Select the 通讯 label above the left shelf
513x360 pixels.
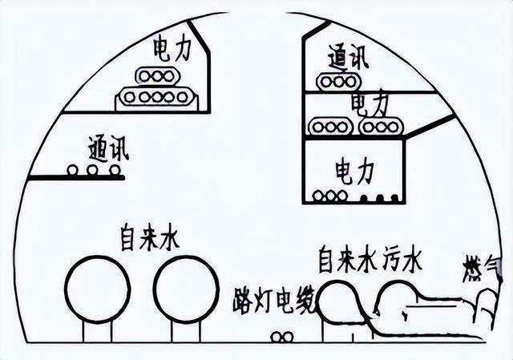click(109, 148)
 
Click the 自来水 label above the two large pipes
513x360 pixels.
click(150, 238)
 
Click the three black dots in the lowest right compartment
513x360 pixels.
click(379, 196)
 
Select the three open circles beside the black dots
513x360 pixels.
click(330, 196)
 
